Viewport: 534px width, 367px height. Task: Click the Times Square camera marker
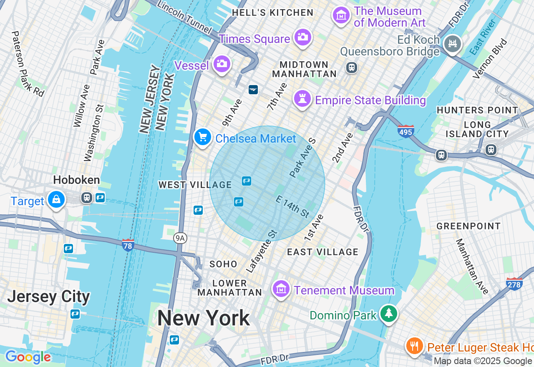point(302,37)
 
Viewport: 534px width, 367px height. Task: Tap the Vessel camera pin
point(222,64)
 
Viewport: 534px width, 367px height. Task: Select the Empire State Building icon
point(302,99)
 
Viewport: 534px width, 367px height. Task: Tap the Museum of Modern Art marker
point(341,15)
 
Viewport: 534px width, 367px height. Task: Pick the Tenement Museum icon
point(281,289)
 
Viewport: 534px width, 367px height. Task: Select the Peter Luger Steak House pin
point(414,346)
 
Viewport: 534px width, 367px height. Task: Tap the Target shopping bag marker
point(56,200)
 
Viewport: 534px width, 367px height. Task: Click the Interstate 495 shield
point(406,131)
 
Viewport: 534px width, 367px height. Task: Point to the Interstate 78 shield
point(128,245)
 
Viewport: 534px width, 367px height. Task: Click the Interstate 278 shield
point(514,284)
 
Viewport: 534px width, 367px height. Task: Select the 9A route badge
point(180,238)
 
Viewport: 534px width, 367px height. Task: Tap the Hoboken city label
point(76,180)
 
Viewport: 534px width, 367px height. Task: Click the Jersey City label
point(48,297)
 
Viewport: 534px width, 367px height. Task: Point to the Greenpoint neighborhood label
point(469,226)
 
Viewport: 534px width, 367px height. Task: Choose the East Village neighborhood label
point(322,252)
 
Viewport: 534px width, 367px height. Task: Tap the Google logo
point(28,357)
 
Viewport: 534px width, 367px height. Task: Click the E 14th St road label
point(292,206)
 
